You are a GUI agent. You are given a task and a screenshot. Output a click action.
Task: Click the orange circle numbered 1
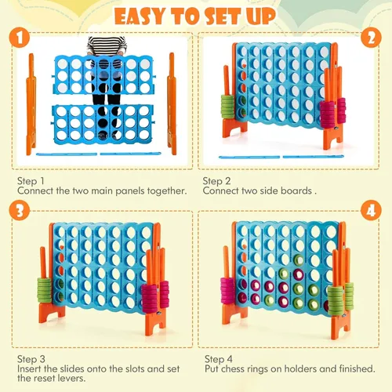[x=19, y=38]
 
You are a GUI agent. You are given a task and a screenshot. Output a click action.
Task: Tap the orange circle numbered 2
[x=371, y=38]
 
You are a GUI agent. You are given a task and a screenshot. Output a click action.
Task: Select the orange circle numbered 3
[x=19, y=211]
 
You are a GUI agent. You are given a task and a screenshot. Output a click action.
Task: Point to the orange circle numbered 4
[x=371, y=211]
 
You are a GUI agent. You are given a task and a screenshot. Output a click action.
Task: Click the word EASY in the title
[x=140, y=16]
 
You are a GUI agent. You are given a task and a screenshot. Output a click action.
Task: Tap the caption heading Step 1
[x=31, y=181]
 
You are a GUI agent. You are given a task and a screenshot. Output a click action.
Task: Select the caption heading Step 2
[x=216, y=181]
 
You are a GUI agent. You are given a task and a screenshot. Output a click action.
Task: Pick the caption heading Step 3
[x=31, y=359]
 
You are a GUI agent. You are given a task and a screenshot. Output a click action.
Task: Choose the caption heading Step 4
[x=219, y=359]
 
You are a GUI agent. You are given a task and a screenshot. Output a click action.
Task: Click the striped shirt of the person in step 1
[x=107, y=46]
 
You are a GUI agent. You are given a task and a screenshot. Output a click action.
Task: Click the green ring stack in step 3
[x=45, y=290]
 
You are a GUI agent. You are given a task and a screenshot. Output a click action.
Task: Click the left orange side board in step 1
[x=31, y=104]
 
